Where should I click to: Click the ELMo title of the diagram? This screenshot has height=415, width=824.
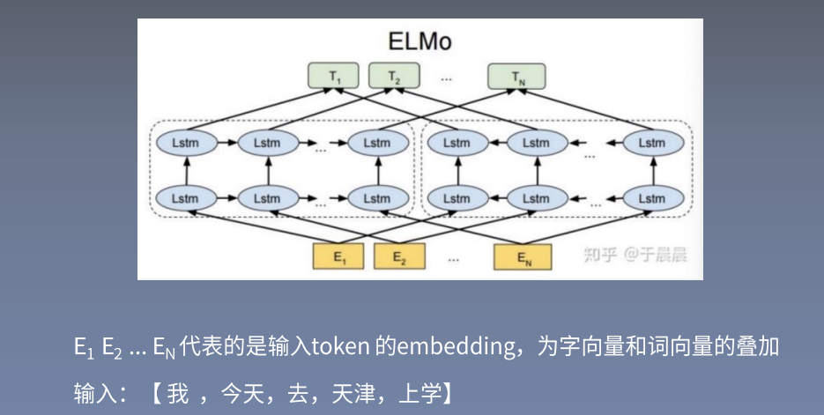click(419, 41)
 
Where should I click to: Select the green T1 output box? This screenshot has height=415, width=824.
click(335, 78)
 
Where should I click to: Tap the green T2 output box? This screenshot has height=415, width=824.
click(395, 78)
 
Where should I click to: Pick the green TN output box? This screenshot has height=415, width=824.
click(516, 78)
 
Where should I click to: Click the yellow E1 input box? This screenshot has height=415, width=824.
click(339, 256)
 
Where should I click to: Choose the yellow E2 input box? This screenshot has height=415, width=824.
click(399, 256)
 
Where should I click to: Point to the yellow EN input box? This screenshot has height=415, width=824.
click(523, 256)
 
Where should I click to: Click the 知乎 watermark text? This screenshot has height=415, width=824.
click(600, 256)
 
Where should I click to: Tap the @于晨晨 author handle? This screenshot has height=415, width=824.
click(655, 256)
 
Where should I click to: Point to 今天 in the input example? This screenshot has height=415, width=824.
click(241, 389)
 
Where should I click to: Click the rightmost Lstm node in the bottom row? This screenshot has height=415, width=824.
click(652, 198)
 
